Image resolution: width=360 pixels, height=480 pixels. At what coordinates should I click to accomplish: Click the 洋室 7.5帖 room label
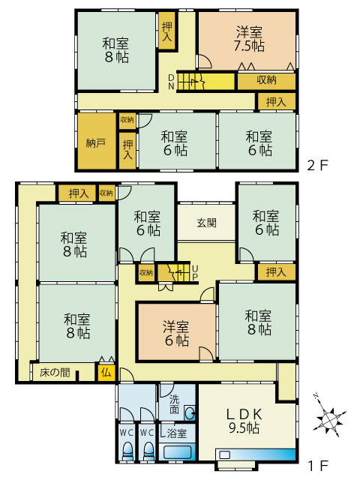coord(249,39)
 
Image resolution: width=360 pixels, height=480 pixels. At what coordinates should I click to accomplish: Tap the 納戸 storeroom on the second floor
coord(97,141)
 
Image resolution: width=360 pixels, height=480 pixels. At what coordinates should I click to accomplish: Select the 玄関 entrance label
coord(207,223)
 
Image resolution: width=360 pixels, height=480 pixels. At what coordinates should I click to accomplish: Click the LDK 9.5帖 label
coord(244,421)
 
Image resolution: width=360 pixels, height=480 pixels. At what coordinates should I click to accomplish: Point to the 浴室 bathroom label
coord(177,433)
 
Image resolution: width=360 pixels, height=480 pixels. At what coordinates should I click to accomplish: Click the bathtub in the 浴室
coord(177,452)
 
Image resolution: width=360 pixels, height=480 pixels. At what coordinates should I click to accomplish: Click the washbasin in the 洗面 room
coord(190,414)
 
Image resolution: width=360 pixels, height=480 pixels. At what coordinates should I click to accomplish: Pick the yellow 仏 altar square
coord(106,372)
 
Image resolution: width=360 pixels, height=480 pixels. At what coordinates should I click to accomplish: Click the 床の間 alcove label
coord(55,373)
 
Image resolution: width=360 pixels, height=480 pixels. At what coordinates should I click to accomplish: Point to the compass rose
coord(328,416)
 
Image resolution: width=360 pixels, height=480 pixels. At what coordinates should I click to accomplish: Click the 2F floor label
coord(317,166)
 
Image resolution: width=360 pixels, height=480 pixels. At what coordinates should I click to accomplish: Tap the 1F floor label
coord(318,466)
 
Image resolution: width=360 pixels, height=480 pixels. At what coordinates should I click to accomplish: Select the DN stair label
coord(171,82)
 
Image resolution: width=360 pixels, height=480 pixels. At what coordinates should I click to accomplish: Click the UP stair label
coord(195,273)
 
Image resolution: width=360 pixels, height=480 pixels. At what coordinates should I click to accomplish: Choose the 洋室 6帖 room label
coord(176,333)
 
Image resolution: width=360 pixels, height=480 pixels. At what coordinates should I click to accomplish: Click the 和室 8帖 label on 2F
coord(116,50)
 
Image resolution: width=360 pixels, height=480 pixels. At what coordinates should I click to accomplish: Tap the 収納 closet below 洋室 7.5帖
coord(266,80)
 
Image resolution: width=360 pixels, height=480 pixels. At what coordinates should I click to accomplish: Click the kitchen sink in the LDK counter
coord(225,454)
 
